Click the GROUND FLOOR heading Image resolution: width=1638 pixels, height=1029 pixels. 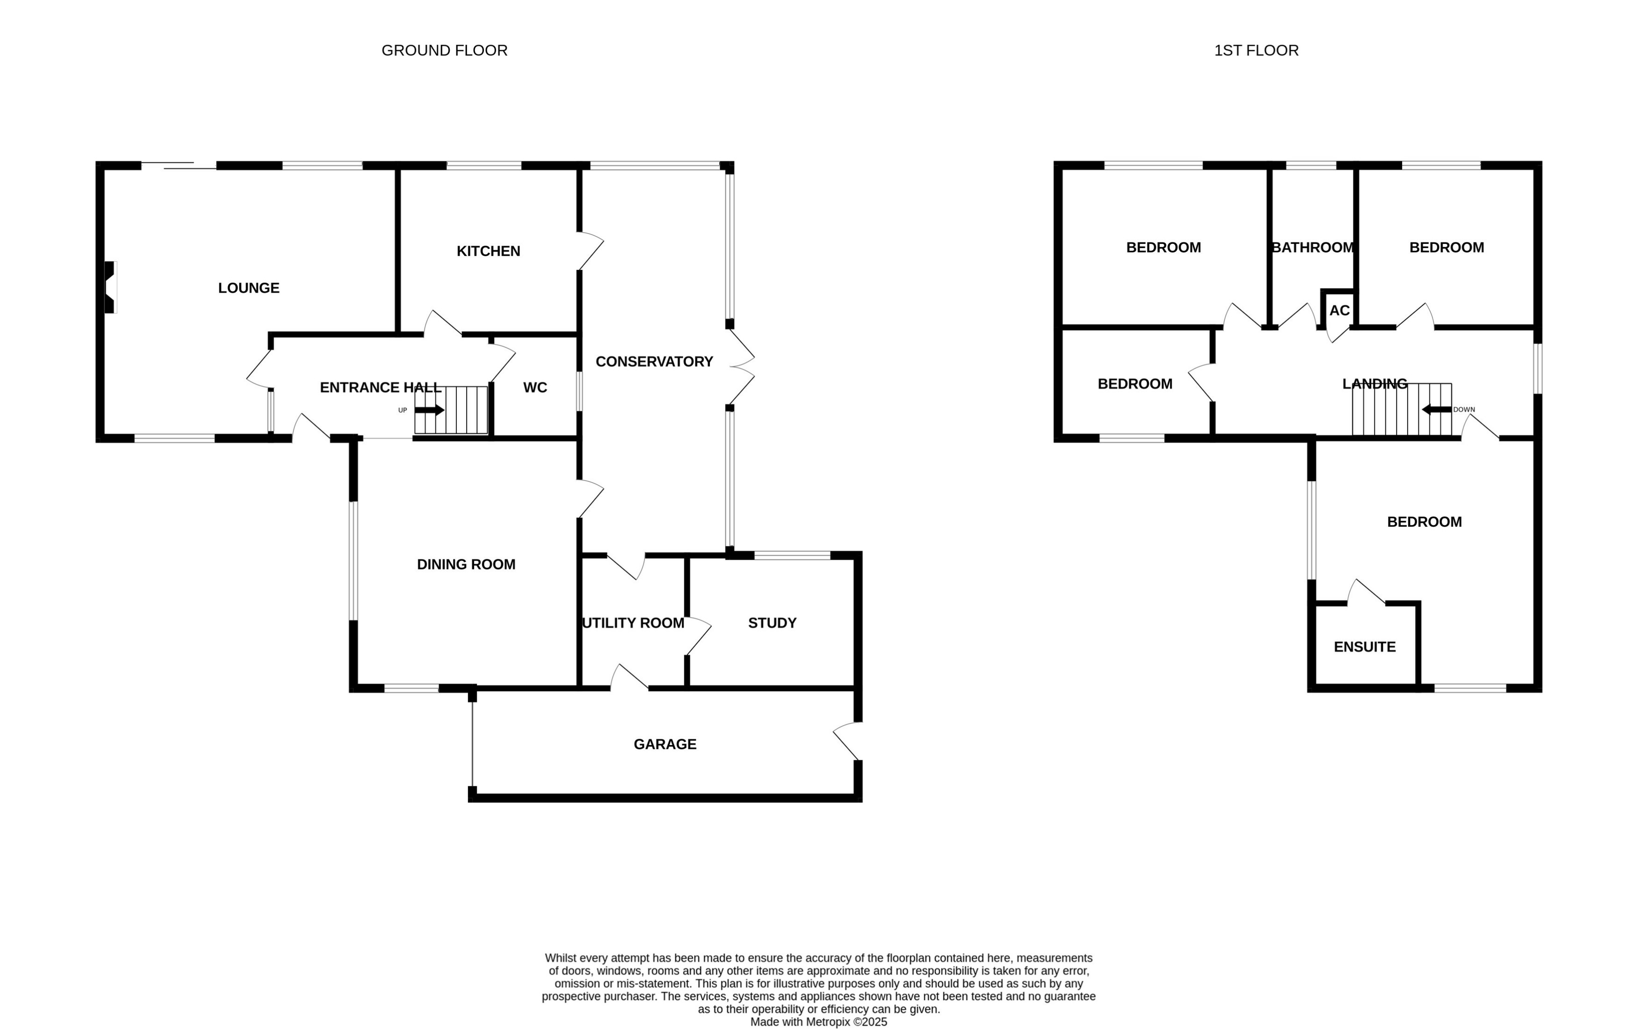click(444, 51)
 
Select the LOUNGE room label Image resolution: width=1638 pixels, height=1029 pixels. click(249, 288)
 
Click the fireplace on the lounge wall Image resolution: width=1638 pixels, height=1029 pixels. click(110, 288)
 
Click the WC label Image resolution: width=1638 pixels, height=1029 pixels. click(534, 387)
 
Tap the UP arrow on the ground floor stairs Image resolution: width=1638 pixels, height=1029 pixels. click(429, 410)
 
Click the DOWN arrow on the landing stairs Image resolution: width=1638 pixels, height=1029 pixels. click(1436, 409)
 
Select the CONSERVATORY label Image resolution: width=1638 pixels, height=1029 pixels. click(654, 362)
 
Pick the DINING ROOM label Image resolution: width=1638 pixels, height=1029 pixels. click(466, 564)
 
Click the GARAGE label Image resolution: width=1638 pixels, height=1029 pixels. click(665, 744)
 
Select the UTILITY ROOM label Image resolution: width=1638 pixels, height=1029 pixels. click(633, 623)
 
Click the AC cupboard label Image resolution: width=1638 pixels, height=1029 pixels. click(1338, 311)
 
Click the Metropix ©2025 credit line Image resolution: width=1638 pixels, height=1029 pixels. click(819, 1022)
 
